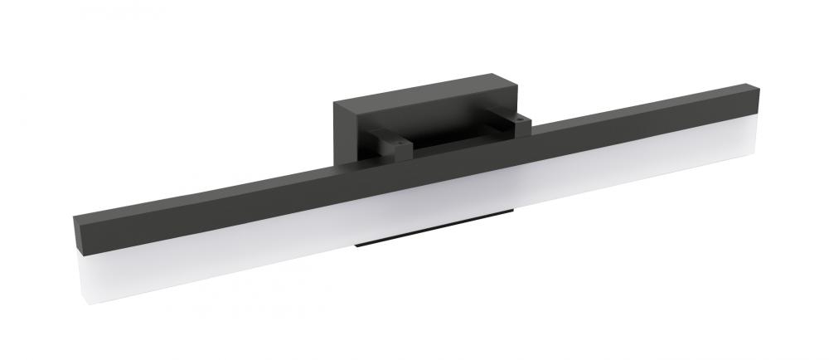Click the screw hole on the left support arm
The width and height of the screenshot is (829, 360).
(x=401, y=143)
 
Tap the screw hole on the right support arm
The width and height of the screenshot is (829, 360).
(x=519, y=119)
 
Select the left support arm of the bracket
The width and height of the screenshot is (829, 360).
(x=390, y=143)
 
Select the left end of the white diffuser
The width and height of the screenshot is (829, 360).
(x=88, y=274)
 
